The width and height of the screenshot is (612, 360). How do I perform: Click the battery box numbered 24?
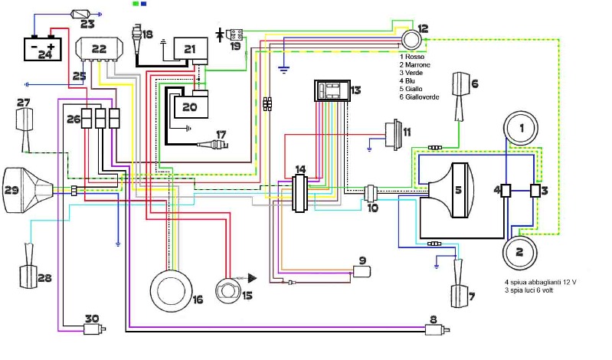[x=43, y=49]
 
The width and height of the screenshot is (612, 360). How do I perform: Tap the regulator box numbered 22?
[x=99, y=49]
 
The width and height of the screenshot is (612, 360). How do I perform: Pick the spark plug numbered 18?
[x=137, y=40]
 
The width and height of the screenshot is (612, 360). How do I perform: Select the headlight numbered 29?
[x=28, y=190]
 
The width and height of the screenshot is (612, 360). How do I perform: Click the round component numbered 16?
[x=172, y=290]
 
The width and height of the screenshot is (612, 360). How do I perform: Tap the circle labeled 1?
[x=521, y=128]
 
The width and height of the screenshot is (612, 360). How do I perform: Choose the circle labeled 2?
[x=520, y=252]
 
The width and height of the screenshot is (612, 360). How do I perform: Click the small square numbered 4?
[x=506, y=191]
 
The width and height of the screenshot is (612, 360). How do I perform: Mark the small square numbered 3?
[x=535, y=191]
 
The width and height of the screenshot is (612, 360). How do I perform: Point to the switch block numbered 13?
[x=332, y=91]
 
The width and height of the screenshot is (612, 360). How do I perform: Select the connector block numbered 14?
[x=299, y=193]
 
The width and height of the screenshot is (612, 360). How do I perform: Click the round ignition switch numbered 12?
[x=411, y=39]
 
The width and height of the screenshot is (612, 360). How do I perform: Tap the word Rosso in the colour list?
[x=414, y=57]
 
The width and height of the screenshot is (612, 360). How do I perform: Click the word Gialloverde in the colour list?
[x=422, y=97]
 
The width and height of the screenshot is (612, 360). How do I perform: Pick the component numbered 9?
[x=362, y=271]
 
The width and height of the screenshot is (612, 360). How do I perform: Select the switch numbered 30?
[x=95, y=329]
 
